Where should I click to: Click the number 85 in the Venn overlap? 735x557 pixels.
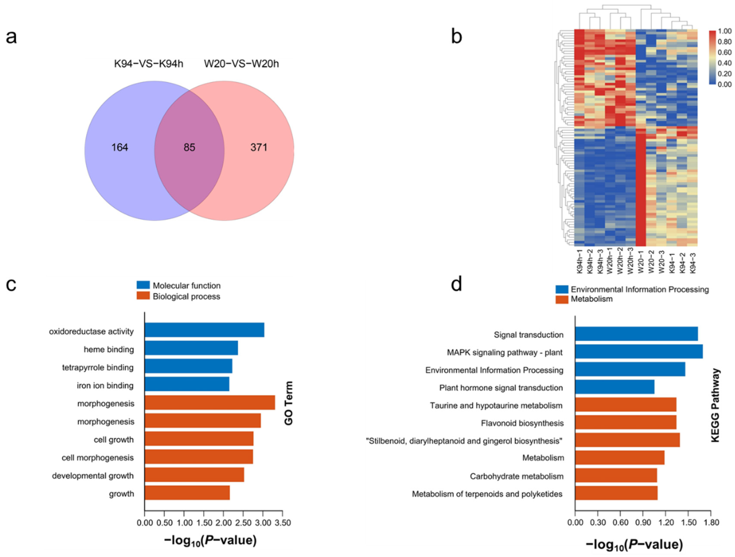click(189, 147)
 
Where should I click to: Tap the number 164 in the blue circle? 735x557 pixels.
click(120, 147)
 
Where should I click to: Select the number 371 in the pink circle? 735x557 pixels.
click(258, 147)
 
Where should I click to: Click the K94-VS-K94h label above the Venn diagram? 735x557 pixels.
click(149, 64)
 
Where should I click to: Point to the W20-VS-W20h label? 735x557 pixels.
click(242, 64)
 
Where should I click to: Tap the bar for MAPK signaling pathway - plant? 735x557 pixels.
click(639, 352)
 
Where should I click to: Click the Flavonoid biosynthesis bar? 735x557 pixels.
click(626, 422)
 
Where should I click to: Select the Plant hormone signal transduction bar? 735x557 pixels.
click(615, 387)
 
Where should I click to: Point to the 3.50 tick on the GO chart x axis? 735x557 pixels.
click(283, 523)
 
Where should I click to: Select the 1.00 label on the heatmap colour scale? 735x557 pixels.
click(725, 31)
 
